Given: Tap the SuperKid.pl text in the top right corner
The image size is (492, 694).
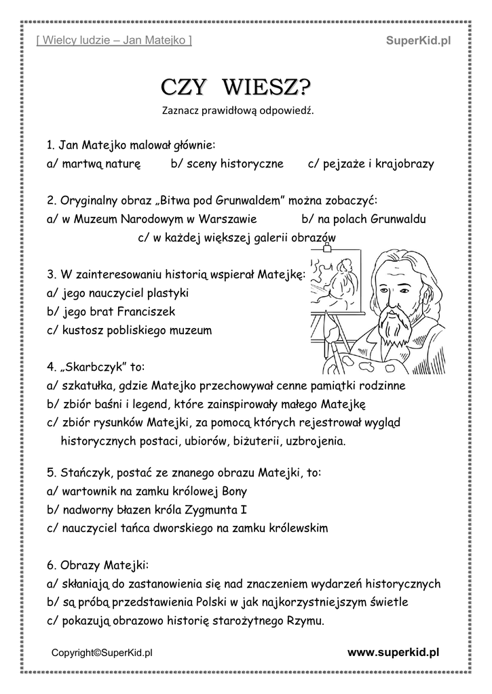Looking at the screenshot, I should (418, 41).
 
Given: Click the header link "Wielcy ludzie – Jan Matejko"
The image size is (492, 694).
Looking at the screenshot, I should (113, 41).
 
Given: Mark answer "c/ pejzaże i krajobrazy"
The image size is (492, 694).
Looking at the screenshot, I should (371, 163).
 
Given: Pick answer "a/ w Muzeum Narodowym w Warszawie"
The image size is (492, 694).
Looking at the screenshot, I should (152, 219).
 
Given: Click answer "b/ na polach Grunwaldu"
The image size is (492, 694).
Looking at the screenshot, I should (363, 219).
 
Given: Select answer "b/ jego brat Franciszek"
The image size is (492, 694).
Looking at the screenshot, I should (112, 312).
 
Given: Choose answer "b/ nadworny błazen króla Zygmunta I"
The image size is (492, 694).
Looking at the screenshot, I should (145, 509).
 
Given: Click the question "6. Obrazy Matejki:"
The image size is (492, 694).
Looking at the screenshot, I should (98, 565).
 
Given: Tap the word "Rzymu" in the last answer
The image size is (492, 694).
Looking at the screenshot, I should (307, 620).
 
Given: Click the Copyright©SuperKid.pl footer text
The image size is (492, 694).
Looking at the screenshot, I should (102, 653).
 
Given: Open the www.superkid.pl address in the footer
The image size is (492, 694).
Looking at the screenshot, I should (393, 652).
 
